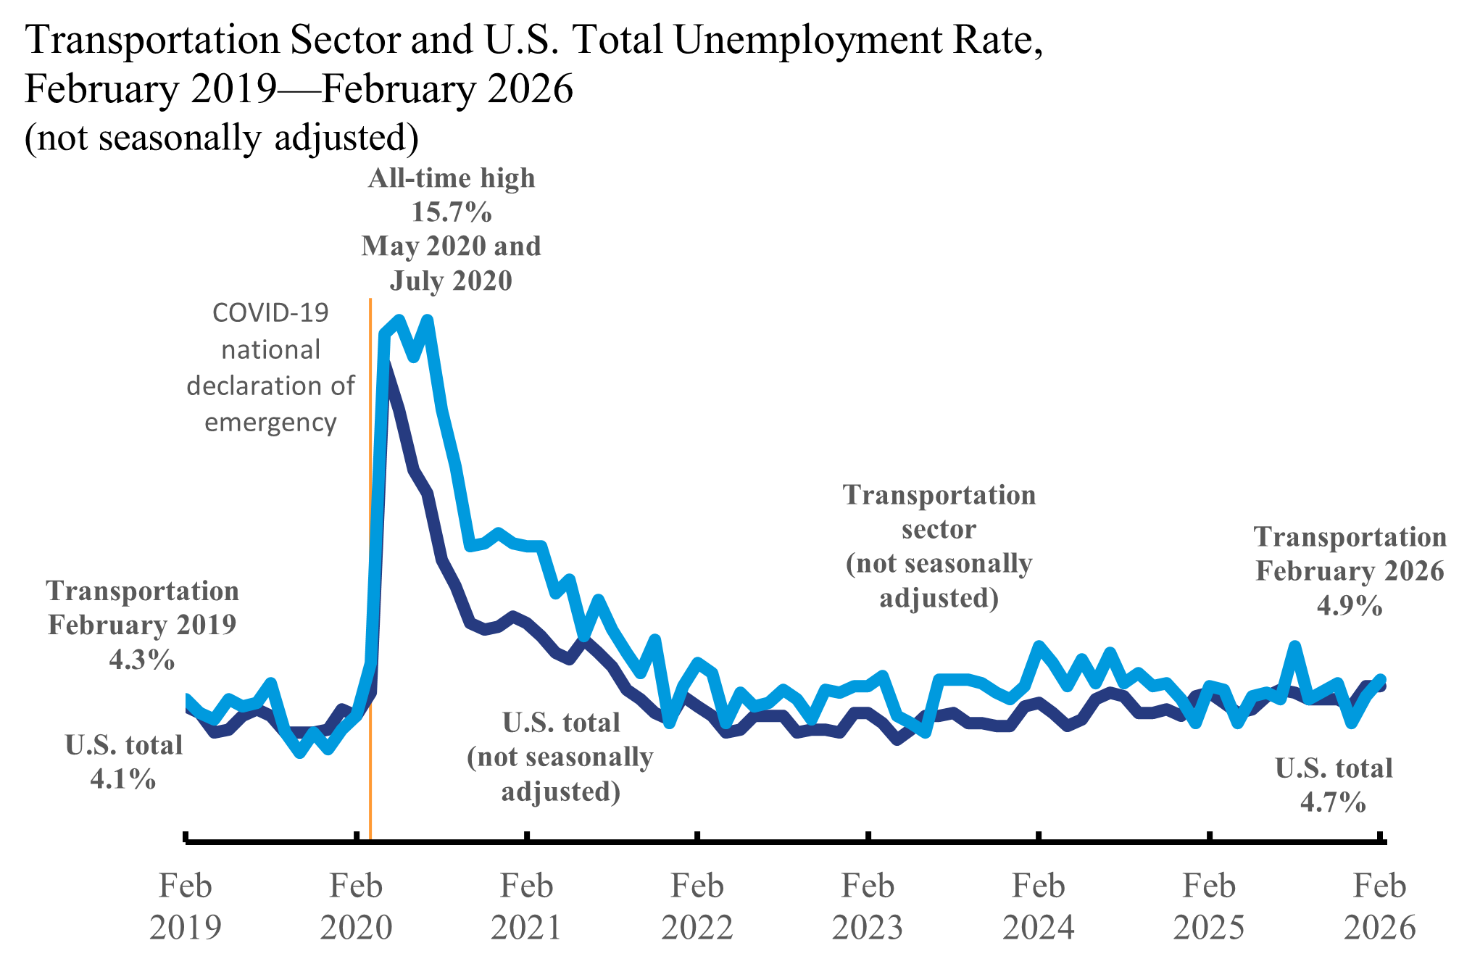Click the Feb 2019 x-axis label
tap(186, 906)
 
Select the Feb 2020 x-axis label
tap(356, 906)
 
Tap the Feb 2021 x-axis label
tap(526, 906)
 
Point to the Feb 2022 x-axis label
tap(697, 906)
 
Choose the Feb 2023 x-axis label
tap(868, 906)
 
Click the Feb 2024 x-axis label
tap(1039, 906)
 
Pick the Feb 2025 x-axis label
tap(1209, 906)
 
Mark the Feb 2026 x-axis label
tap(1379, 906)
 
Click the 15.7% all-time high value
tap(452, 212)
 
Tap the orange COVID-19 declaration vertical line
tap(370, 580)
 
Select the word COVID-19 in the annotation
tap(270, 313)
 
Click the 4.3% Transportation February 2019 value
tap(142, 660)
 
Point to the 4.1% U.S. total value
tap(123, 779)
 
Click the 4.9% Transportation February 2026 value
tap(1350, 605)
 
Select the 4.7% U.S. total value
tap(1333, 802)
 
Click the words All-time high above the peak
tap(452, 178)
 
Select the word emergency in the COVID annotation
tap(270, 422)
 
